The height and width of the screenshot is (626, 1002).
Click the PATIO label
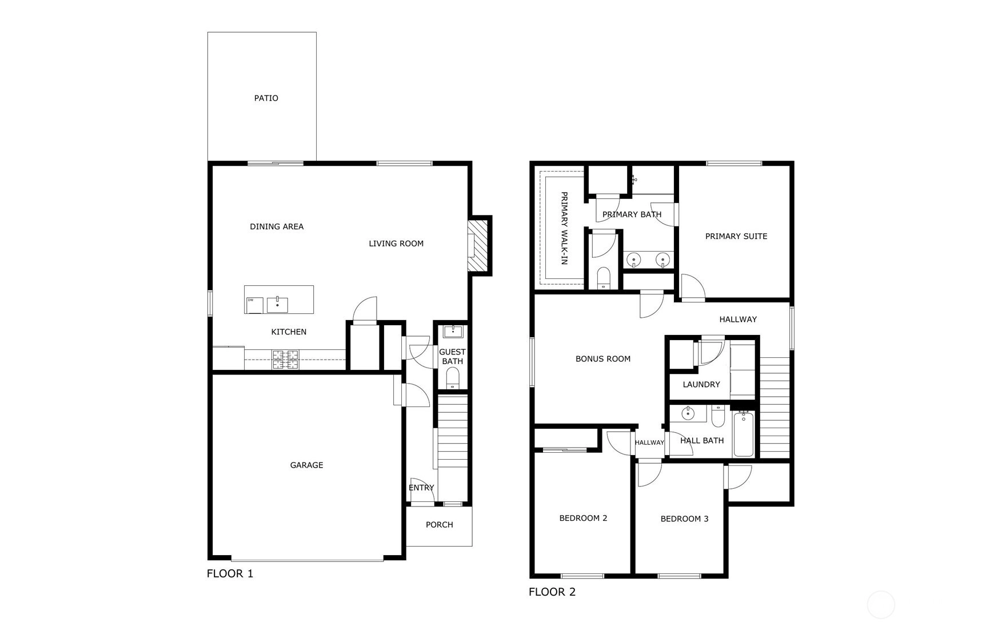click(266, 98)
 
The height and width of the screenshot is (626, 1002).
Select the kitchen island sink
click(277, 305)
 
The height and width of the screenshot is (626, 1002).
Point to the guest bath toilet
click(452, 378)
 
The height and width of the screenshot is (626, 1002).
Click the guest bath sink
click(453, 331)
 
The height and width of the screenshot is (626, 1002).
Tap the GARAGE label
click(306, 465)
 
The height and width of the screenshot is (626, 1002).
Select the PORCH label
click(439, 525)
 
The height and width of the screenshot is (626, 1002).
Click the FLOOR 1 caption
click(230, 573)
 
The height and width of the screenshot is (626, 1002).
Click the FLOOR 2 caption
click(552, 592)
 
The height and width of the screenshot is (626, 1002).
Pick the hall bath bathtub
click(744, 434)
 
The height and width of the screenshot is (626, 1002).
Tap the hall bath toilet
click(718, 416)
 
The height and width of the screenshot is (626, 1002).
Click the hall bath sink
click(688, 413)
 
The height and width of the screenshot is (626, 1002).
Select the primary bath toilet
click(604, 279)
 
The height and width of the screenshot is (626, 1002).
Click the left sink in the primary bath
click(634, 260)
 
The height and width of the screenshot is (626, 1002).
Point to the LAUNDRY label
click(701, 385)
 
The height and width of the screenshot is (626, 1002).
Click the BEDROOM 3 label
click(684, 519)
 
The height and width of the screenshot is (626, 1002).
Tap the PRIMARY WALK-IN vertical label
click(564, 228)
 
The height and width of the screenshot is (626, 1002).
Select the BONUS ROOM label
click(603, 359)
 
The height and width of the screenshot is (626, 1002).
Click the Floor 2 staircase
click(775, 408)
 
